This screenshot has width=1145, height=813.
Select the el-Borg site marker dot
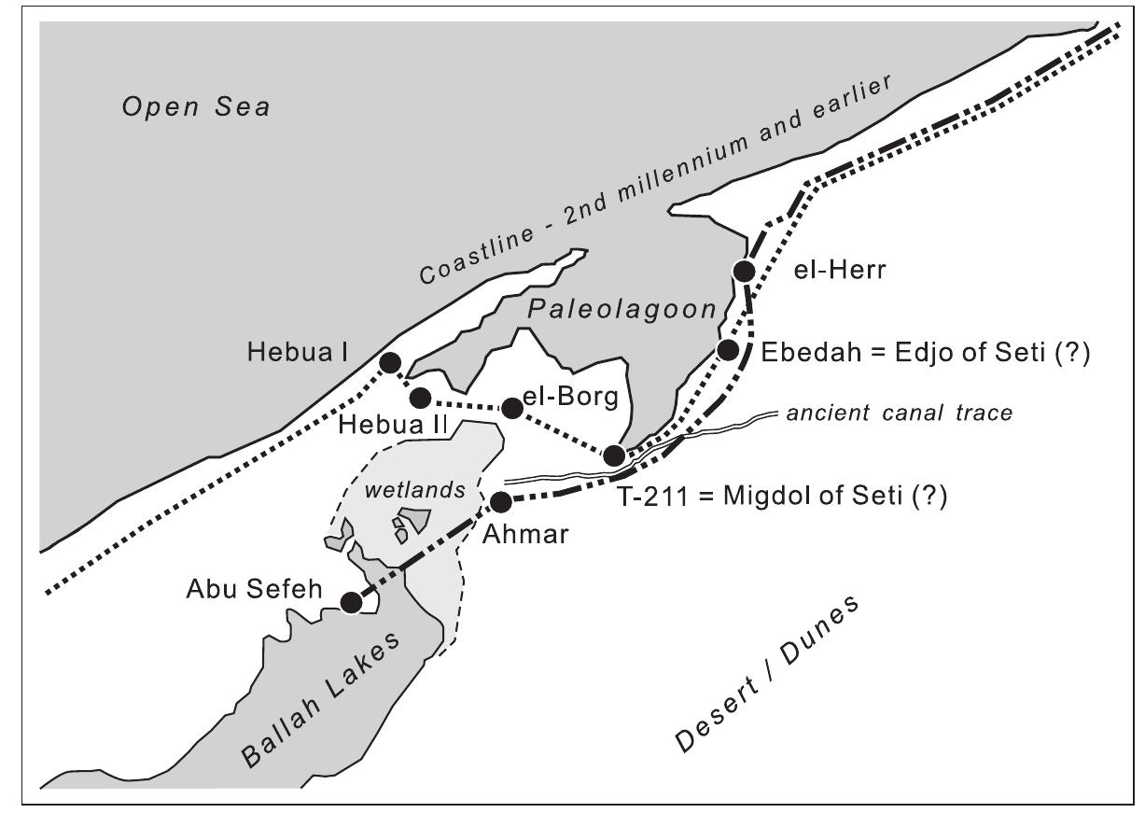(x=511, y=408)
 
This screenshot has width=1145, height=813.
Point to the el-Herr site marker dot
(x=744, y=272)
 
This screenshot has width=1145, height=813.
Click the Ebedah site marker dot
(x=728, y=349)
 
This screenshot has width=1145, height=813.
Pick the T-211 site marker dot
(x=614, y=456)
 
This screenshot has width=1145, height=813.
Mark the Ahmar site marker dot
(x=500, y=502)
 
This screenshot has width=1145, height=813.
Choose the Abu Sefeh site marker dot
(x=351, y=603)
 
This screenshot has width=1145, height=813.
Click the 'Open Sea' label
(x=196, y=107)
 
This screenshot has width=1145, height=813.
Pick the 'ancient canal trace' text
(x=900, y=413)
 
